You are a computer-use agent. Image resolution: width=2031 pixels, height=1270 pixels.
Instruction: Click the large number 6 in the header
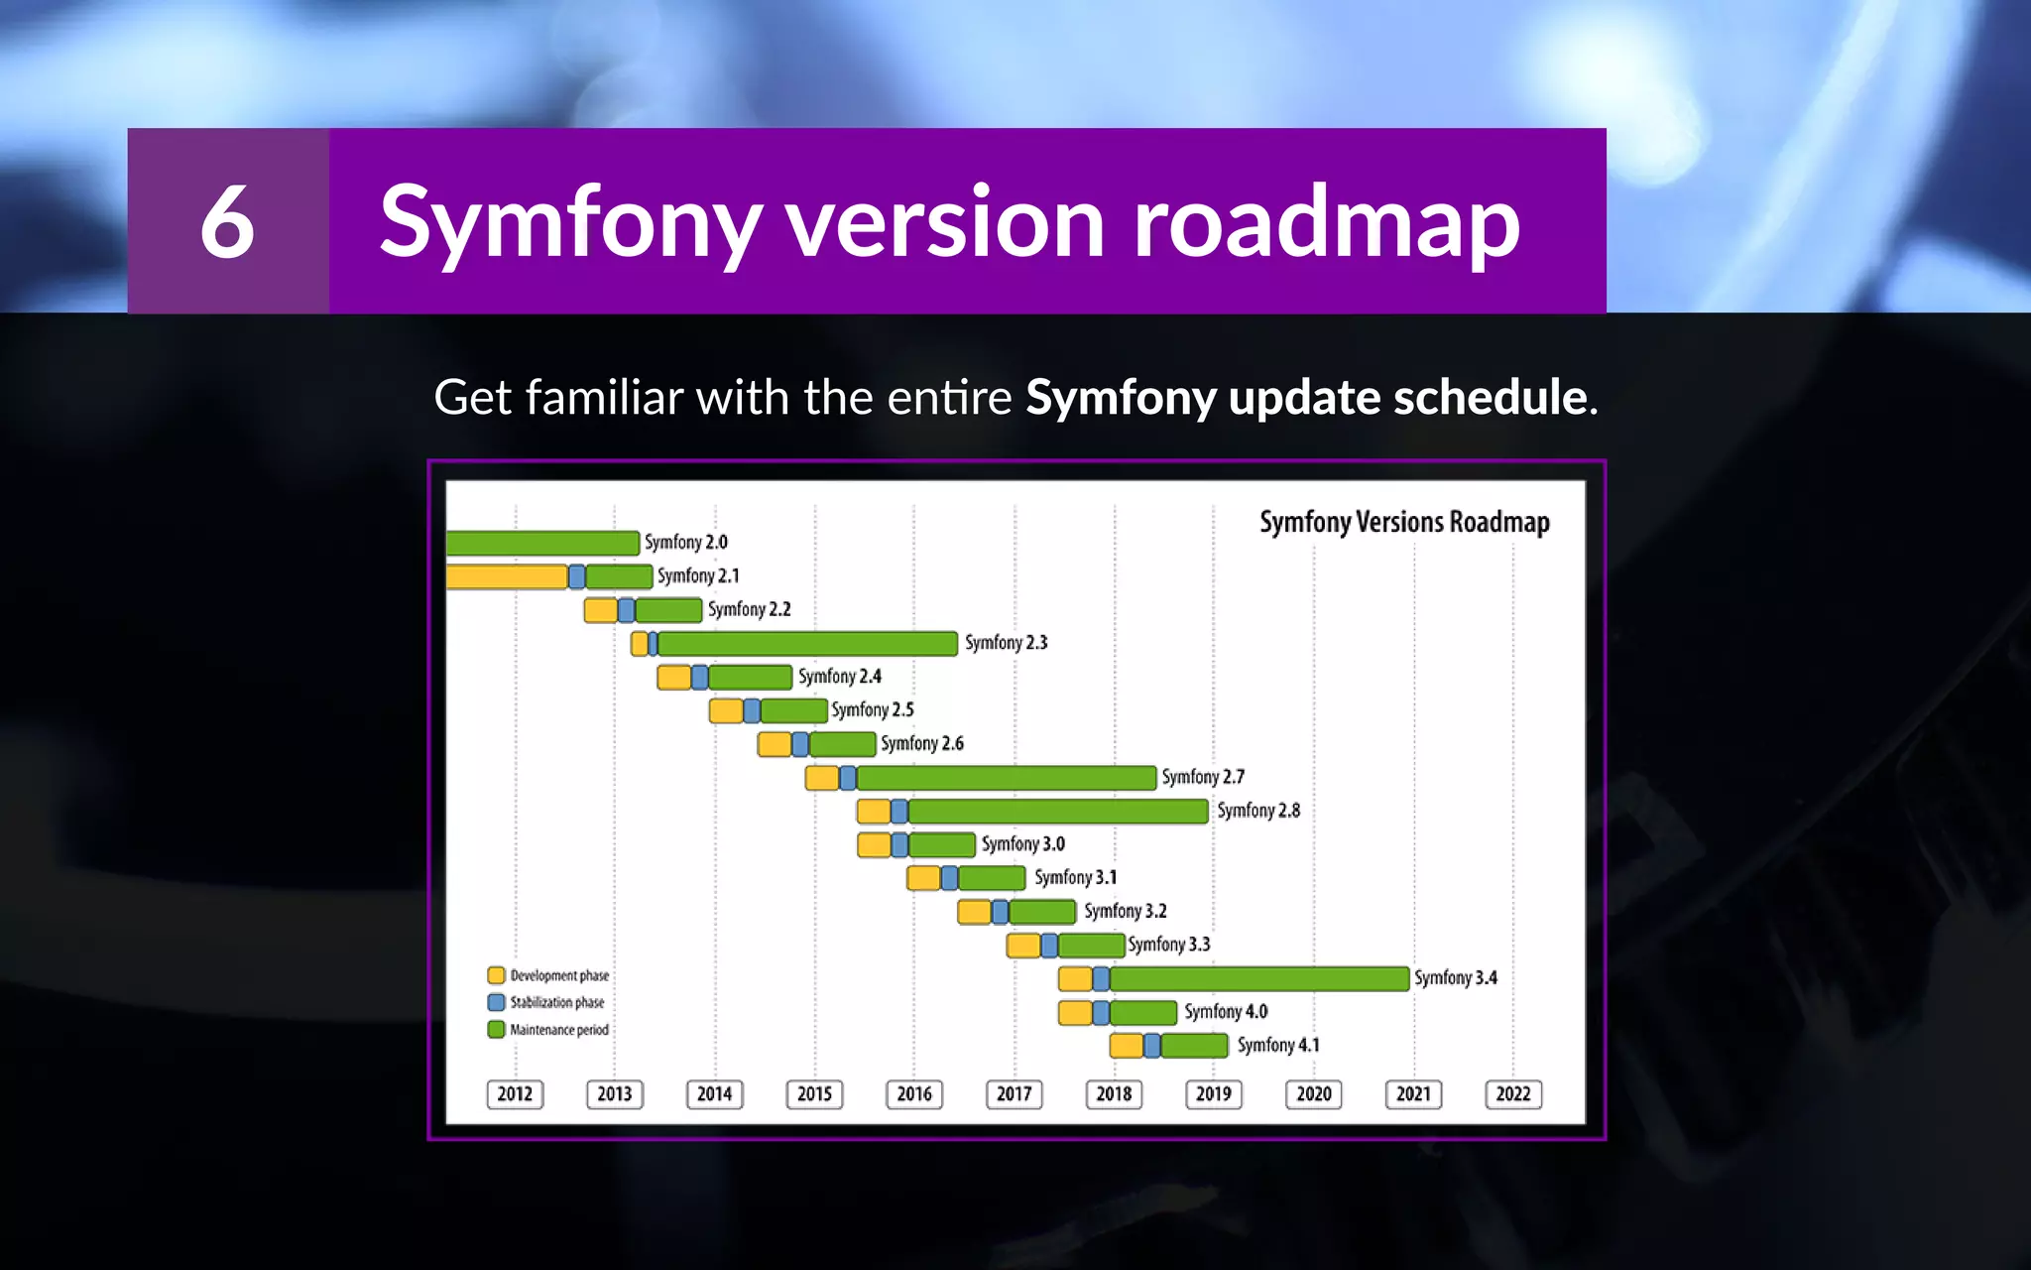(x=227, y=221)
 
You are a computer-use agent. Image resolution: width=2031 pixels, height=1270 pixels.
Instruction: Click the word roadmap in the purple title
(x=1326, y=221)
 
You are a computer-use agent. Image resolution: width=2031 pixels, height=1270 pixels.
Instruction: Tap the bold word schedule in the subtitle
(x=1490, y=398)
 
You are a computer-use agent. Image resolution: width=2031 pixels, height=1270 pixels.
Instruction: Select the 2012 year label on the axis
(x=515, y=1093)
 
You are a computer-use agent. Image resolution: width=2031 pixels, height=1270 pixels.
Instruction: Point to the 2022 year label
(x=1512, y=1093)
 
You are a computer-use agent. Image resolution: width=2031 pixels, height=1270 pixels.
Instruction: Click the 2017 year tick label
(x=1014, y=1093)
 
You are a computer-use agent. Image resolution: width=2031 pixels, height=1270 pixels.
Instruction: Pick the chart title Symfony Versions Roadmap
(x=1403, y=522)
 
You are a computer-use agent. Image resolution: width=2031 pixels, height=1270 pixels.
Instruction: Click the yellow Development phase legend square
(x=496, y=975)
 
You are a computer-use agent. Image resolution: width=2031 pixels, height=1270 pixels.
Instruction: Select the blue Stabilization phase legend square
(x=496, y=1002)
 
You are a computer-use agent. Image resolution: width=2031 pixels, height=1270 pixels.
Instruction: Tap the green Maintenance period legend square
(x=496, y=1029)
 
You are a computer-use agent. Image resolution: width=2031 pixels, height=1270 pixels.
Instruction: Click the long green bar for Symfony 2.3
(x=807, y=643)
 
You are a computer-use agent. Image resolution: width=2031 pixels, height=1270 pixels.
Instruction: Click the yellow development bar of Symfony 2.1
(x=506, y=576)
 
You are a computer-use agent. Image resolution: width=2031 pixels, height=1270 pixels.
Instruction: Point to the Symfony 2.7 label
(x=1202, y=777)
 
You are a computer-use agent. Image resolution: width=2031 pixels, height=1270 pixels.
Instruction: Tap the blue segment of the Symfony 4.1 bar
(x=1151, y=1045)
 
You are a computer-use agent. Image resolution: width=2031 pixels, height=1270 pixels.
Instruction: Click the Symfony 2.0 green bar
(x=541, y=543)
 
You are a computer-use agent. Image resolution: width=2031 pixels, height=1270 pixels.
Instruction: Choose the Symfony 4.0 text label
(x=1225, y=1011)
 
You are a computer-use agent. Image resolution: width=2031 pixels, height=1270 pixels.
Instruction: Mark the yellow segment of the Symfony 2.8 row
(x=873, y=811)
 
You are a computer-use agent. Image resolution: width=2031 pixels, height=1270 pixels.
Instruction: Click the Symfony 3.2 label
(x=1125, y=911)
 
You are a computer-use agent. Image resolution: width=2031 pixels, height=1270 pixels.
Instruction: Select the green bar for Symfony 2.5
(x=793, y=710)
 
